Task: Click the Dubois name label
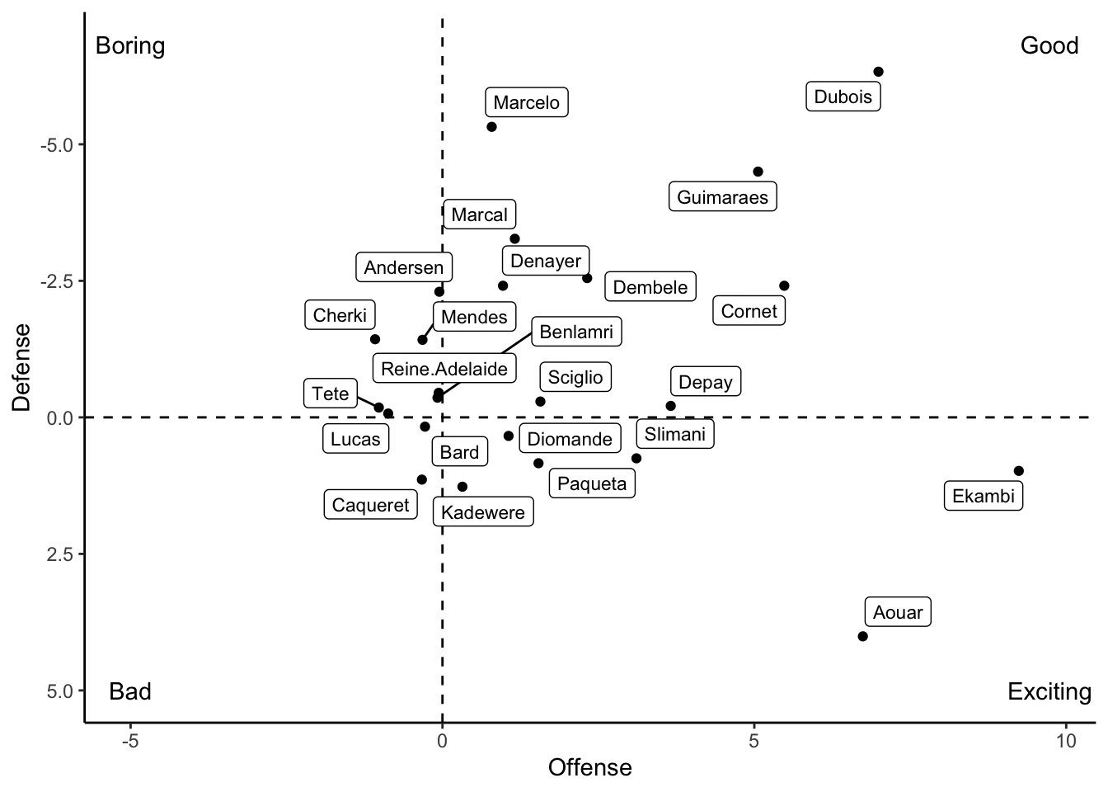(x=843, y=97)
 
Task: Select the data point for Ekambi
(x=1018, y=471)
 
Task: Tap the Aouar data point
(x=862, y=636)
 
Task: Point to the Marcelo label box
(x=526, y=102)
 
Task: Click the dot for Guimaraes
(x=758, y=172)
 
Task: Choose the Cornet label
(x=749, y=311)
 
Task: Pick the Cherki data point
(x=375, y=339)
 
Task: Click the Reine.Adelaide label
(x=444, y=369)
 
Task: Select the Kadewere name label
(x=482, y=512)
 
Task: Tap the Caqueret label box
(x=370, y=505)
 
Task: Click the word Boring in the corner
(x=130, y=45)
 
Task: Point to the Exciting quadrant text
(x=1049, y=691)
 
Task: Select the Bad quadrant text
(x=130, y=691)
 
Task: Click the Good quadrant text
(x=1049, y=45)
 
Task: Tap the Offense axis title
(x=589, y=767)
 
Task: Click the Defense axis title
(x=21, y=367)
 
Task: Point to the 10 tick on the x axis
(x=1065, y=741)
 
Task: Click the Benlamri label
(x=575, y=332)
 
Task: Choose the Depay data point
(x=670, y=406)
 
